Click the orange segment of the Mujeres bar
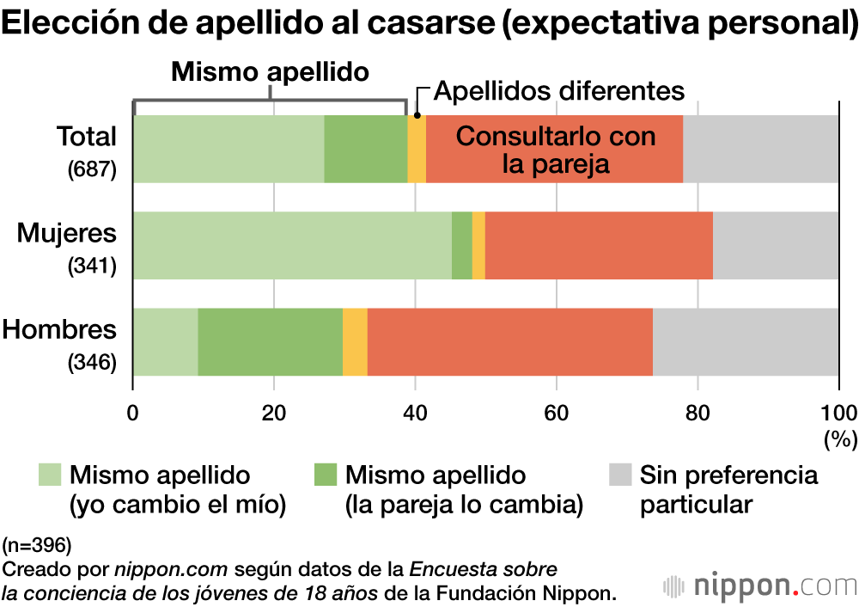[599, 245]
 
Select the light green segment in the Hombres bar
[165, 341]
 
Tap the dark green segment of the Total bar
[365, 149]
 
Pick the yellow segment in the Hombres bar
[355, 341]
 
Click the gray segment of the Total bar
[760, 149]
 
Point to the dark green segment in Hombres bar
[270, 341]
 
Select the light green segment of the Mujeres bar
[292, 245]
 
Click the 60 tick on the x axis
[557, 409]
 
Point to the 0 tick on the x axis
[133, 409]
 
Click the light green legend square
[50, 475]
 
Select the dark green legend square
[326, 475]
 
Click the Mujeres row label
[67, 233]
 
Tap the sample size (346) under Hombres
[92, 363]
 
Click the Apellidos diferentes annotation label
[558, 91]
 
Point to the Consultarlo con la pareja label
[555, 150]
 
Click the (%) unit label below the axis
[840, 439]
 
